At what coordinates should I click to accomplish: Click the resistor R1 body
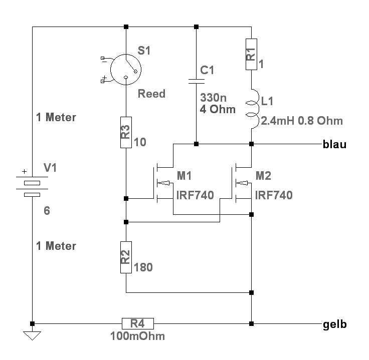tap(251, 55)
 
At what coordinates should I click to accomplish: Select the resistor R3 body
tap(126, 132)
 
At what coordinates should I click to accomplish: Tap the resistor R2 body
tap(126, 257)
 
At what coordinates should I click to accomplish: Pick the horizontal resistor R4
tap(137, 323)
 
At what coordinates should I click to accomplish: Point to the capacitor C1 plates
tap(196, 80)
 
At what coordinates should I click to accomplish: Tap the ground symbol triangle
tap(32, 335)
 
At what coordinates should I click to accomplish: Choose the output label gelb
tap(335, 324)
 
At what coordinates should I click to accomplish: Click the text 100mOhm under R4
tap(137, 336)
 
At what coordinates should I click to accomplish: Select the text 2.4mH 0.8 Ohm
tap(302, 121)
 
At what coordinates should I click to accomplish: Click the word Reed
tap(151, 94)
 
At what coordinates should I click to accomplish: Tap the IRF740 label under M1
tap(196, 195)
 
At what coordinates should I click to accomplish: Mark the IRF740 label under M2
tap(274, 195)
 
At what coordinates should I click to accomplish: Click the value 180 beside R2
tap(143, 268)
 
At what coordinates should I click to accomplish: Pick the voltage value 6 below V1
tap(47, 211)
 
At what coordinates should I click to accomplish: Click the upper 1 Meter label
tap(56, 118)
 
